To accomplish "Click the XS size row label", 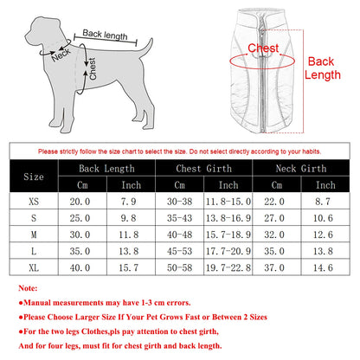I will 31,201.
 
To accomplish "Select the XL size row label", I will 31,267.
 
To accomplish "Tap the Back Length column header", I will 105,168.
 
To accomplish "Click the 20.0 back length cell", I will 80,201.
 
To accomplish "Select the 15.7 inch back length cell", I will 130,267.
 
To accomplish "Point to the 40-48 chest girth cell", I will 179,235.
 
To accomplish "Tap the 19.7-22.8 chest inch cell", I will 228,267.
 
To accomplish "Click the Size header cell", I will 31,177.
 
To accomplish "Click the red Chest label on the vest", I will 263,48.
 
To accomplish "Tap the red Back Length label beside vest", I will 321,68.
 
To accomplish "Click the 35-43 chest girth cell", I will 179,217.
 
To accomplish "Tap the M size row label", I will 31,235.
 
